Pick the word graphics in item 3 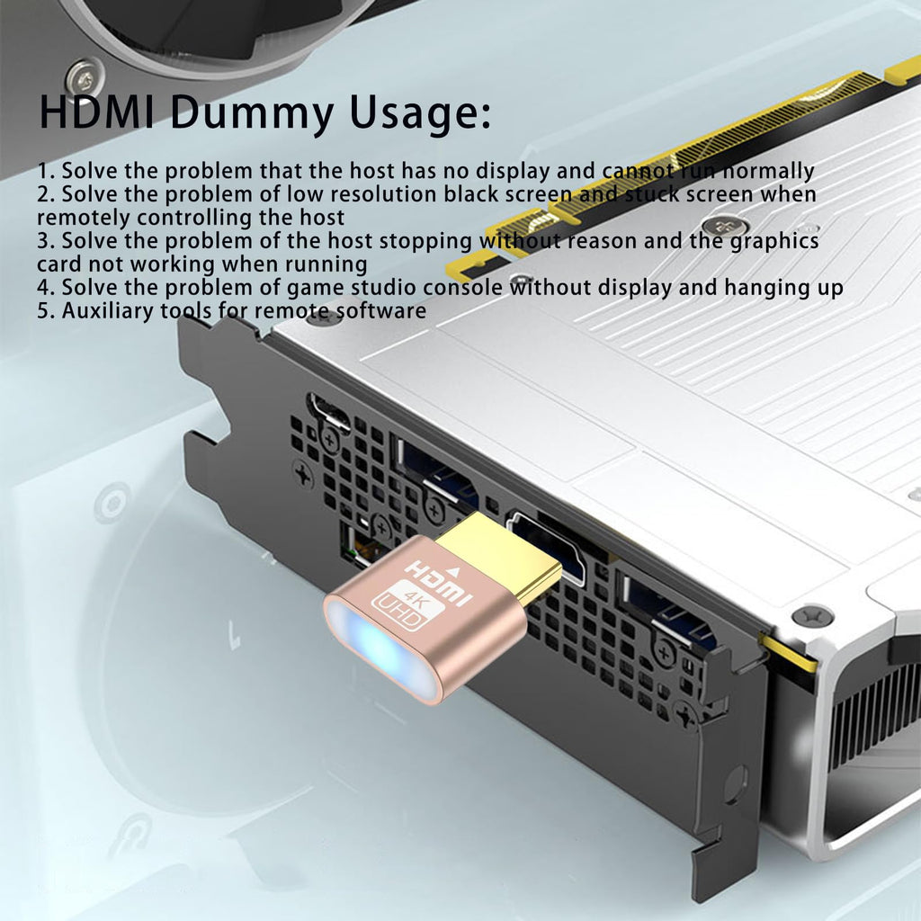pos(776,241)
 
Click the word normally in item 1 pos(769,171)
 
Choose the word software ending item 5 pos(382,311)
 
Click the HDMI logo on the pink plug pos(438,580)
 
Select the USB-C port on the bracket pos(328,409)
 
